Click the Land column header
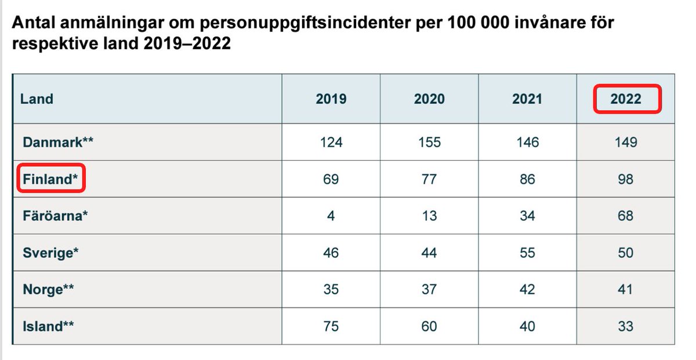(37, 99)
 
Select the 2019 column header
(331, 99)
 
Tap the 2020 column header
(429, 99)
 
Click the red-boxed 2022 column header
(626, 99)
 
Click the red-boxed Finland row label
(50, 179)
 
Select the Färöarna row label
(55, 216)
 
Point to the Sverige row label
(50, 253)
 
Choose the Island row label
(48, 326)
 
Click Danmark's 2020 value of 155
(429, 142)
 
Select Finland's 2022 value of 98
(626, 179)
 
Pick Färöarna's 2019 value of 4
(331, 216)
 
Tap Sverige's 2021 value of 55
(527, 253)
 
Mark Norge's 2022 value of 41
(626, 289)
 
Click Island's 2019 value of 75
(331, 326)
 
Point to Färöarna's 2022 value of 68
(626, 216)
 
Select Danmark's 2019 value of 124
(331, 142)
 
